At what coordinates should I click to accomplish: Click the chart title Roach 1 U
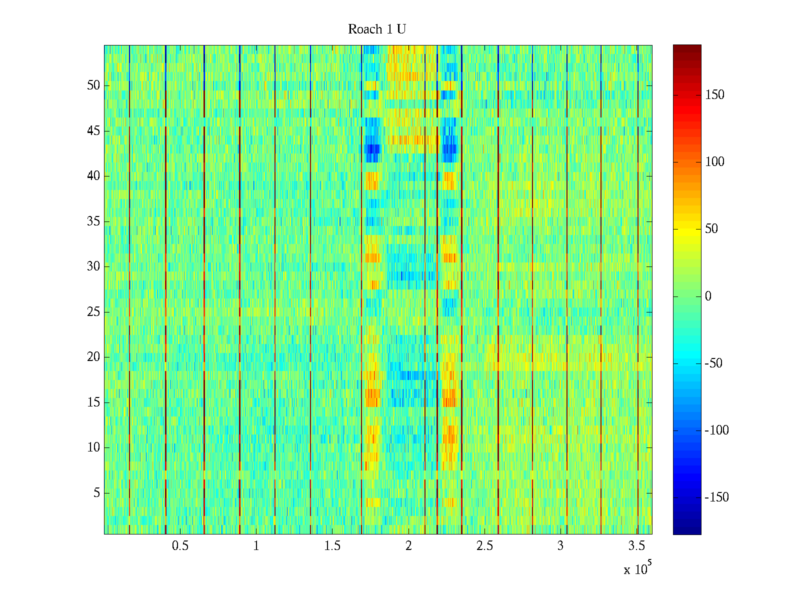click(376, 29)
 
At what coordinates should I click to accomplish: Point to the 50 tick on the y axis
click(93, 85)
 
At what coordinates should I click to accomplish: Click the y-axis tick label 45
click(93, 131)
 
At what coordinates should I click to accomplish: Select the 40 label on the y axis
click(93, 176)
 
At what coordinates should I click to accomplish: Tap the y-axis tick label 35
click(93, 221)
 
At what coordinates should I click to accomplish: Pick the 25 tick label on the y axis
click(93, 311)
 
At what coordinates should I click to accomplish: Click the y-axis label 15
click(93, 402)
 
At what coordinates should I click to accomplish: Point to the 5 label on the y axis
click(96, 492)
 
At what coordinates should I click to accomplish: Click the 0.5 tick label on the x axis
click(180, 546)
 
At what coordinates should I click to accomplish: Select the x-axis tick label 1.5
click(332, 546)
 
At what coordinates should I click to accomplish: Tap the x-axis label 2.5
click(484, 546)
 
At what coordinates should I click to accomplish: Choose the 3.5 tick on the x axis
click(637, 546)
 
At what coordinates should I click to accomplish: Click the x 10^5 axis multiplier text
click(637, 568)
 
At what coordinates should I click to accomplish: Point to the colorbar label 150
click(714, 95)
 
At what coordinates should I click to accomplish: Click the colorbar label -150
click(716, 497)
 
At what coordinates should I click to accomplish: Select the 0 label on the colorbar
click(708, 296)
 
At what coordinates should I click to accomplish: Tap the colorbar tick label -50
click(713, 363)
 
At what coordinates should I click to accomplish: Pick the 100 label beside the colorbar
click(714, 162)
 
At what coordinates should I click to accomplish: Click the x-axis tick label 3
click(560, 546)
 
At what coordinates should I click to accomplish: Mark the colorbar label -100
click(716, 430)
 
